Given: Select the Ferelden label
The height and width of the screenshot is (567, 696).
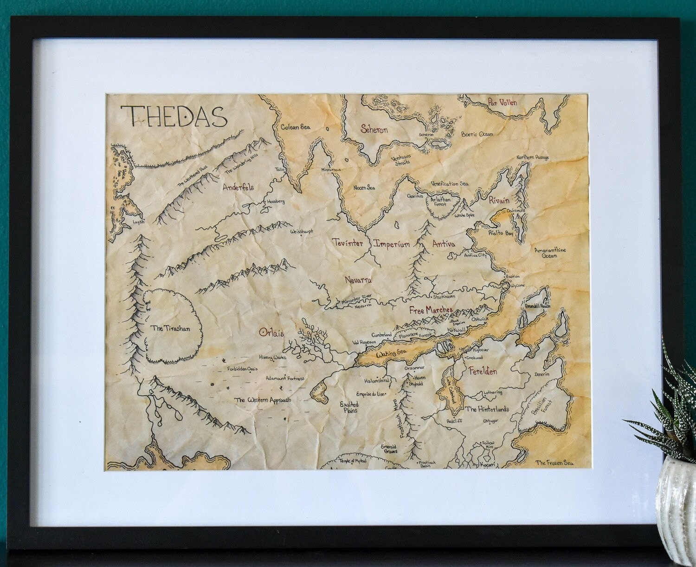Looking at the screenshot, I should (x=483, y=371).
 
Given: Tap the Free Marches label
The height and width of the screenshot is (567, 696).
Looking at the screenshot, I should (x=430, y=310).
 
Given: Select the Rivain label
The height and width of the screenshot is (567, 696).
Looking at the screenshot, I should (x=499, y=200).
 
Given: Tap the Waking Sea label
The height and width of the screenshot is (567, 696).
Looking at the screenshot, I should (x=391, y=354).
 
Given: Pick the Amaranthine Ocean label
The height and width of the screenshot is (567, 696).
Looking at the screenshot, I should (x=550, y=253).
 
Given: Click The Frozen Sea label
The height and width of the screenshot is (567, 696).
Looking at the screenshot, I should (x=554, y=463).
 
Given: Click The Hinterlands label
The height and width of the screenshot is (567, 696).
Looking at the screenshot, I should (x=487, y=409).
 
